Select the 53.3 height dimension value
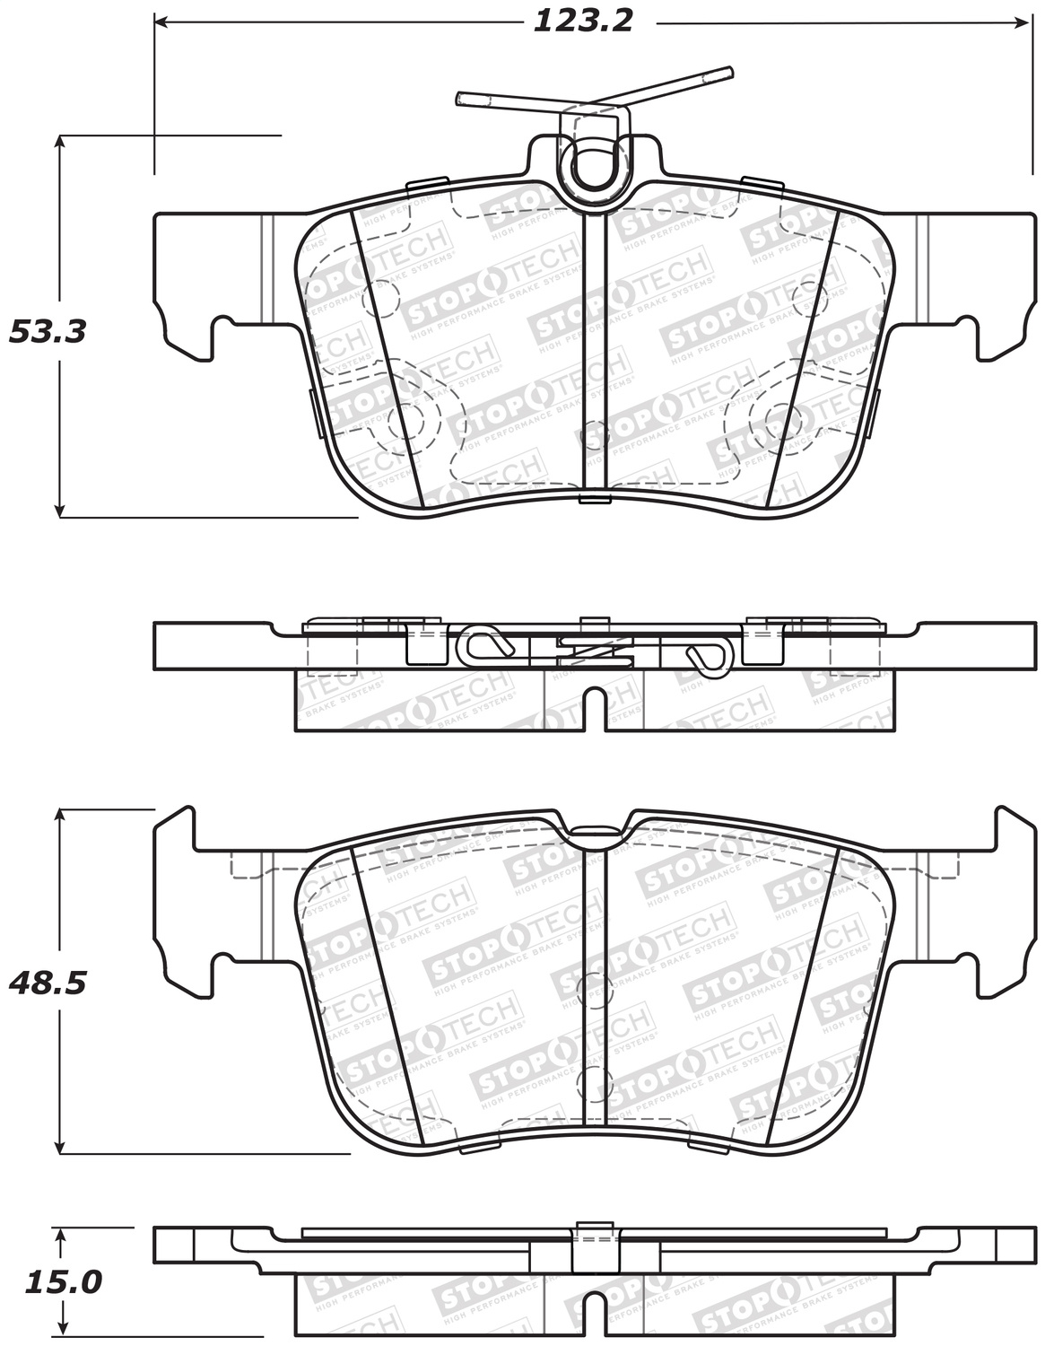[x=48, y=331]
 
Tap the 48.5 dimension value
[x=48, y=983]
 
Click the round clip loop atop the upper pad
[x=592, y=166]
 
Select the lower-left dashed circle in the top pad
[x=414, y=415]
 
